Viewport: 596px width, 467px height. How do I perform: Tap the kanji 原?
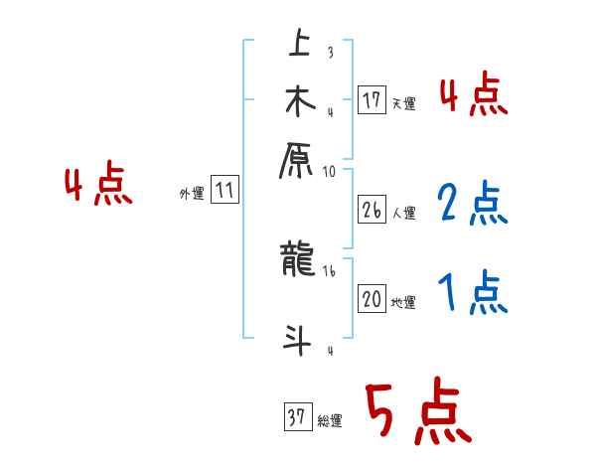click(x=298, y=159)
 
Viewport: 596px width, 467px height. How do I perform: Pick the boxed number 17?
click(x=372, y=100)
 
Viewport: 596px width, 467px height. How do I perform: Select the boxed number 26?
click(x=372, y=210)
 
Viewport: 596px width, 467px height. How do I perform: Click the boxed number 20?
click(x=372, y=299)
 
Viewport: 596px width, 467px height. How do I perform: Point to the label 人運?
click(x=404, y=213)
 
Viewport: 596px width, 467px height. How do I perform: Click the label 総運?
click(x=330, y=420)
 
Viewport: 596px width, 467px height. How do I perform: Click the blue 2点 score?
click(x=473, y=204)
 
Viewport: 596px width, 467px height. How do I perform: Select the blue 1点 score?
click(x=473, y=292)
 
